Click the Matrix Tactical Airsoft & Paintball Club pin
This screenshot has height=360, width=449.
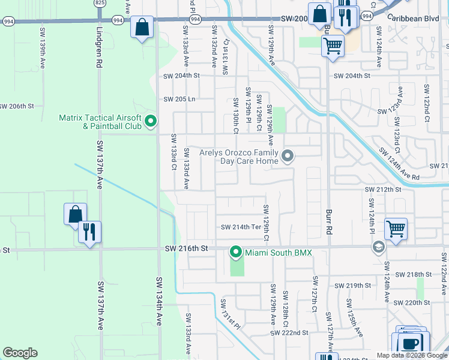pyautogui.click(x=151, y=122)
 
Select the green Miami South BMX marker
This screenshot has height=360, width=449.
pyautogui.click(x=236, y=253)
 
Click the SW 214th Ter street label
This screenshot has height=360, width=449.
pyautogui.click(x=241, y=227)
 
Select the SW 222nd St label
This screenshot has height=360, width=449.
pyautogui.click(x=289, y=332)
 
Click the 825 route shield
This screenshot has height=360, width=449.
pyautogui.click(x=100, y=3)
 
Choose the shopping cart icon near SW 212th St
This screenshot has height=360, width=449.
pyautogui.click(x=396, y=228)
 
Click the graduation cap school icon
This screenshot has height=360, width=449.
pyautogui.click(x=378, y=247)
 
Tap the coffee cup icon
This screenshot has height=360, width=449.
pyautogui.click(x=411, y=344)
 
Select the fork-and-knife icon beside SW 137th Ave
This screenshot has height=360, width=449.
pyautogui.click(x=89, y=232)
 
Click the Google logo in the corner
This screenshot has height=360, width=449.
pyautogui.click(x=20, y=353)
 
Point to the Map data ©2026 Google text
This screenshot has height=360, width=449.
pyautogui.click(x=412, y=355)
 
